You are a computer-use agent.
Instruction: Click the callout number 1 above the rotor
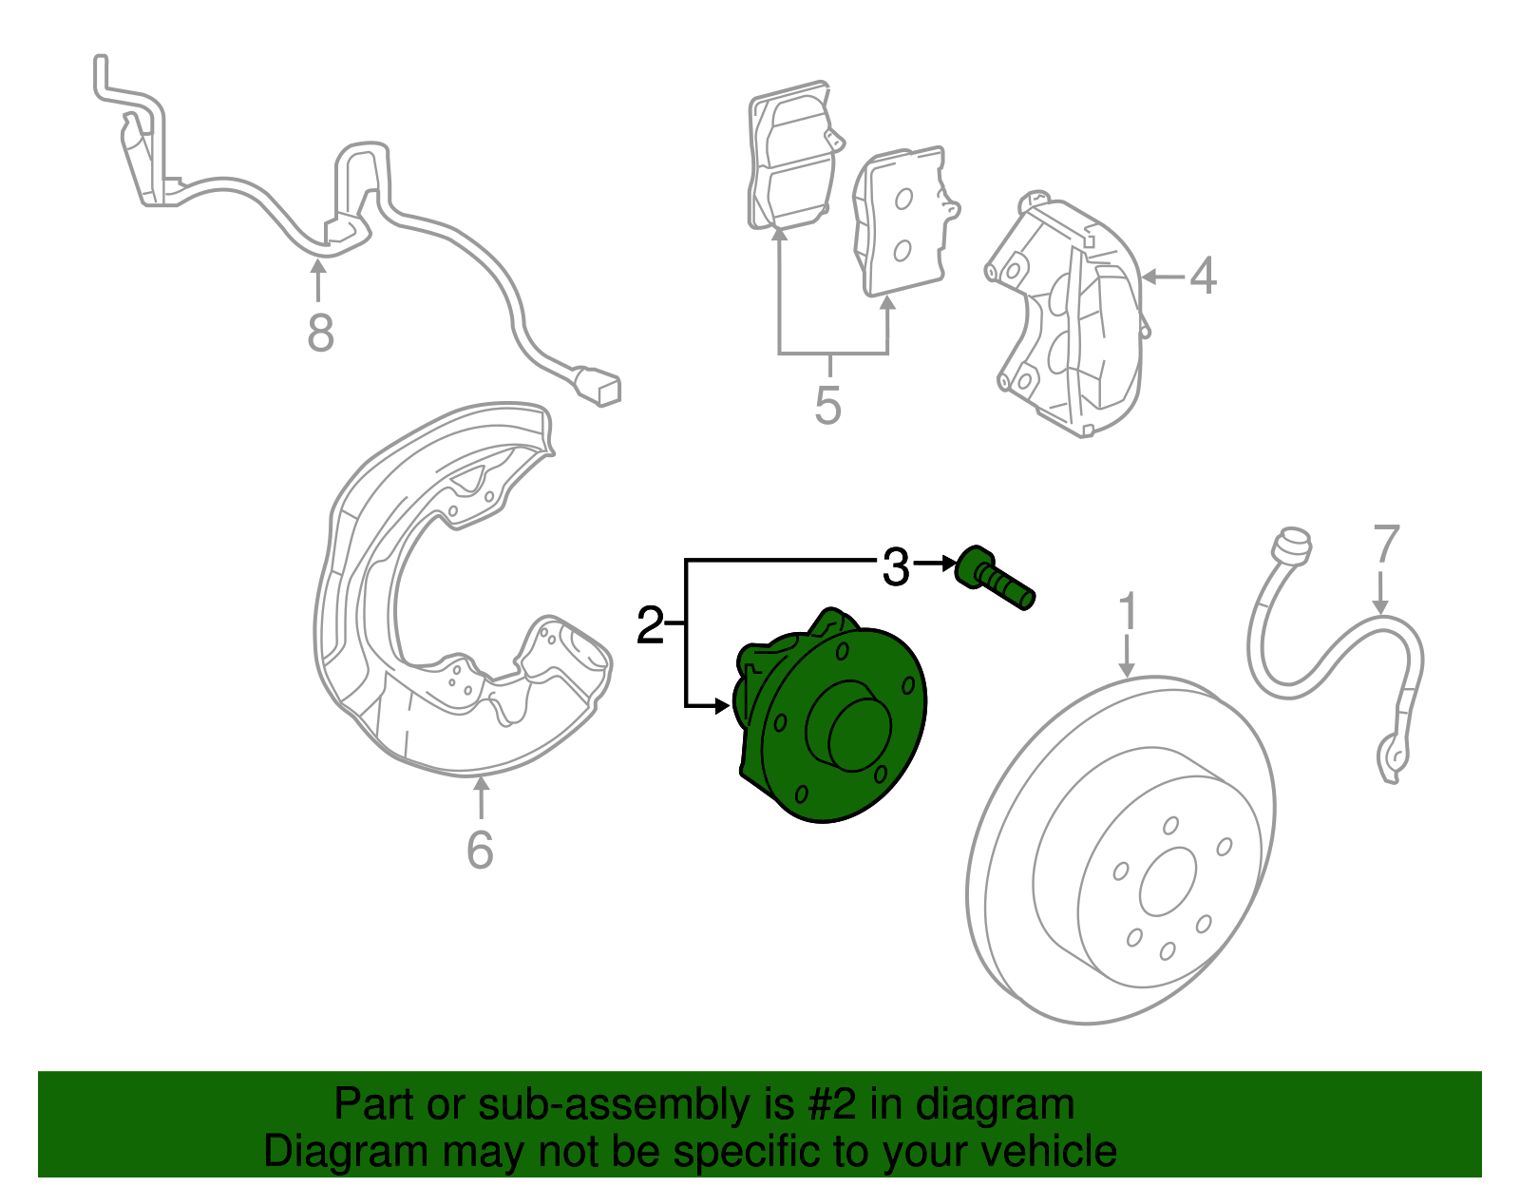click(1128, 612)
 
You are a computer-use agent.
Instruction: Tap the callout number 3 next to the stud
click(895, 567)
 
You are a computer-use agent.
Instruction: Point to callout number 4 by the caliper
click(1203, 276)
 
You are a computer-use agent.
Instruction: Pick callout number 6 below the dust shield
click(481, 849)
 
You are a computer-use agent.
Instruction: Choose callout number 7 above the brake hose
click(1386, 545)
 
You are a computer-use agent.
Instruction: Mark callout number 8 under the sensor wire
click(320, 333)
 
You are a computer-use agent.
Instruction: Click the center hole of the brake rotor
click(1168, 881)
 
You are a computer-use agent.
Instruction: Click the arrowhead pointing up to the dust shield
click(482, 785)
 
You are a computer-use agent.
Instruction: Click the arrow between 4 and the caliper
click(1159, 277)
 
